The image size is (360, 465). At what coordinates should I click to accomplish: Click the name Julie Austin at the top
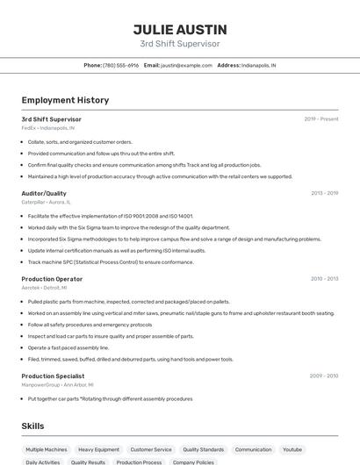(x=180, y=29)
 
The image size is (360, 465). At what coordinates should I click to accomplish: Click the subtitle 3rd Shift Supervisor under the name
(x=180, y=44)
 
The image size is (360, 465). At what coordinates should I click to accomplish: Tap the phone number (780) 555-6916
(x=121, y=66)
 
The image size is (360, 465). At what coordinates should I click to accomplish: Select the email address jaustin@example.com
(x=185, y=66)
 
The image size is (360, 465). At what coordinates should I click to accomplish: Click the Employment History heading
(x=65, y=101)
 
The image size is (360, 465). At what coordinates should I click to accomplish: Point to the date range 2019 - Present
(x=321, y=119)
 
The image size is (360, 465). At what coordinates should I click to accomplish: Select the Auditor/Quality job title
(x=44, y=193)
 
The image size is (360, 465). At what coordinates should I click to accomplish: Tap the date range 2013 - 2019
(x=324, y=193)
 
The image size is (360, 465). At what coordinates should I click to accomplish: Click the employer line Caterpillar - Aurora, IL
(x=47, y=202)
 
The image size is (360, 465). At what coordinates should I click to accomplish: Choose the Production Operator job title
(x=52, y=279)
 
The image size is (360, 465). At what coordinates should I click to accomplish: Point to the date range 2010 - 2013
(x=324, y=279)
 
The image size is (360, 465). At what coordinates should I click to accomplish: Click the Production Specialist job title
(x=53, y=376)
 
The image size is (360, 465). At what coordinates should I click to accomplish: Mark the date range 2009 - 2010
(x=324, y=376)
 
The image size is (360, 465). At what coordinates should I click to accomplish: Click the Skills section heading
(x=33, y=426)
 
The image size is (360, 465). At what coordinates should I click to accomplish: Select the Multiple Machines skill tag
(x=47, y=449)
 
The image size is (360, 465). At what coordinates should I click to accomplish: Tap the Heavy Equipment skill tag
(x=98, y=449)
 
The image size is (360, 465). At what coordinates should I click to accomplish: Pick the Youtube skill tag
(x=292, y=449)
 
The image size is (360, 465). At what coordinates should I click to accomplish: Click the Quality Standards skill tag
(x=203, y=449)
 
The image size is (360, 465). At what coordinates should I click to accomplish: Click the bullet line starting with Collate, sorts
(x=80, y=142)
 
